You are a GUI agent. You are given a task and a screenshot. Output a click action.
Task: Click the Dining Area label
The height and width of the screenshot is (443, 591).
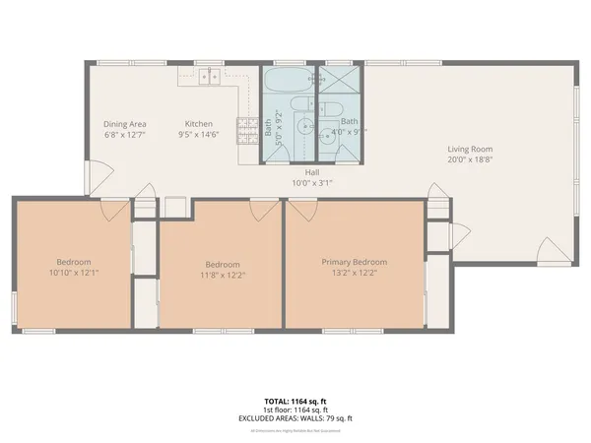[124, 124]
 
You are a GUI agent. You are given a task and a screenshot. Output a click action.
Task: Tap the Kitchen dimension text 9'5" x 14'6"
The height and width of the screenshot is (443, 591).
[199, 135]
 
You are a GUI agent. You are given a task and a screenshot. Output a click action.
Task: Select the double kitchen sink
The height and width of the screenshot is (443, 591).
[208, 76]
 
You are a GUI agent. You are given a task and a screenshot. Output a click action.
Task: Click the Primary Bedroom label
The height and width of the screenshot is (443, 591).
[355, 262]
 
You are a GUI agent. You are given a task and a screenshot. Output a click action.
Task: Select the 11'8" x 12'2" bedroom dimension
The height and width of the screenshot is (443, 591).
[223, 275]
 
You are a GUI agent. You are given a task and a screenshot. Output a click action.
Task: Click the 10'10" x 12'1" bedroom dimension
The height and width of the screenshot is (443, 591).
[74, 273]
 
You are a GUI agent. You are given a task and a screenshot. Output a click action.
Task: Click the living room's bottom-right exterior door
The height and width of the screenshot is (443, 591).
[558, 254]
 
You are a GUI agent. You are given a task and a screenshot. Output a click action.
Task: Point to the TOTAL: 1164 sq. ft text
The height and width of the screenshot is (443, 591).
[295, 401]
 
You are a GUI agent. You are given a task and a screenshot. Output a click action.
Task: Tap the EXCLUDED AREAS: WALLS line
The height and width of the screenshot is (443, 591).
[295, 418]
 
